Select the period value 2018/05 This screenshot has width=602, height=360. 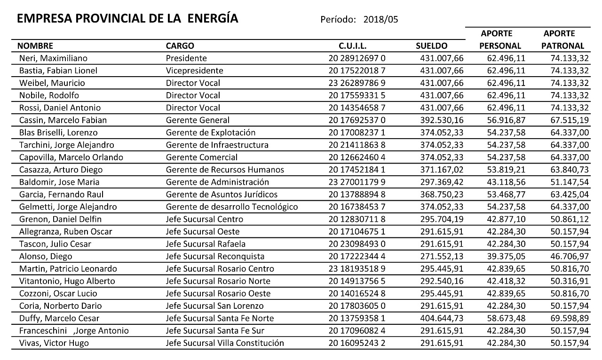[x=381, y=20]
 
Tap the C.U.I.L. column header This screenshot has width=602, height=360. [x=352, y=46]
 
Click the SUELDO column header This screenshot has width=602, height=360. [x=431, y=46]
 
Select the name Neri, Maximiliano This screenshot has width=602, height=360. [x=53, y=58]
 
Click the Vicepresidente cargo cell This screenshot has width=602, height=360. [x=194, y=70]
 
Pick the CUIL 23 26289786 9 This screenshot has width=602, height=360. [x=357, y=83]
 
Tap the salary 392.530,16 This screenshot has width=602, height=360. [x=442, y=120]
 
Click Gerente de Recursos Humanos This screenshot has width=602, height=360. [x=225, y=170]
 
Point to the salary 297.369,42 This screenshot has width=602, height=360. [x=442, y=182]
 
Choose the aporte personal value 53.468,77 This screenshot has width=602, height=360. [x=506, y=195]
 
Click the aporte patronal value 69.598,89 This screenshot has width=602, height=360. [x=570, y=318]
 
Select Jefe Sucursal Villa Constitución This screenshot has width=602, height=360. [x=225, y=343]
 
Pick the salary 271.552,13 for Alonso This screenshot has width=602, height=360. [x=442, y=257]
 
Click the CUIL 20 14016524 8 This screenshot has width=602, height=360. [x=357, y=294]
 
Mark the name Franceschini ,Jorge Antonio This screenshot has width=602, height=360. [x=74, y=331]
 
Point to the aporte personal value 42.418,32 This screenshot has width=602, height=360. [x=506, y=281]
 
